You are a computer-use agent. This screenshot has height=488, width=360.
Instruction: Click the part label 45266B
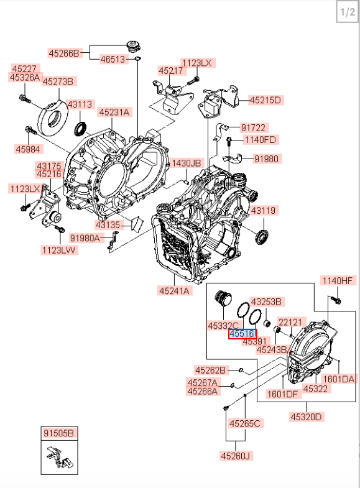pyautogui.click(x=64, y=53)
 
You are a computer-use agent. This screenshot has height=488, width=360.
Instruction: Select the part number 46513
pyautogui.click(x=113, y=59)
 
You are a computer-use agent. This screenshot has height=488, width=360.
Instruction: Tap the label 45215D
pyautogui.click(x=265, y=100)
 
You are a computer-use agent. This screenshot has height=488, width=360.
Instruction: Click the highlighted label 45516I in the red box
pyautogui.click(x=242, y=334)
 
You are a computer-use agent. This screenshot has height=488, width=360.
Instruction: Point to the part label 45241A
pyautogui.click(x=174, y=291)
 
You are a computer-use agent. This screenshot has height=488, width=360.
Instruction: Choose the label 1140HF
pyautogui.click(x=338, y=281)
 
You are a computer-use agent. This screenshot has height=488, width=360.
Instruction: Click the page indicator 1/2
pyautogui.click(x=347, y=12)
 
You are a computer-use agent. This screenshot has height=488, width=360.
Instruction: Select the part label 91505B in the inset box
pyautogui.click(x=59, y=433)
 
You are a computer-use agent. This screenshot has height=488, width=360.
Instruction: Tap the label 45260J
pyautogui.click(x=235, y=456)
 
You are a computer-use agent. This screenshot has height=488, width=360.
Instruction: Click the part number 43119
pyautogui.click(x=263, y=210)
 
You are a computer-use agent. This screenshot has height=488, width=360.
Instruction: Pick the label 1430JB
pyautogui.click(x=187, y=163)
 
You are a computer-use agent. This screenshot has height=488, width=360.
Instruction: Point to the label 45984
pyautogui.click(x=28, y=149)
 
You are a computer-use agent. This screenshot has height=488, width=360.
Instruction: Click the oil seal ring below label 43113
pyautogui.click(x=81, y=129)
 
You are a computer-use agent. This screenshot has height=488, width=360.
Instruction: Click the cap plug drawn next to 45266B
pyautogui.click(x=134, y=47)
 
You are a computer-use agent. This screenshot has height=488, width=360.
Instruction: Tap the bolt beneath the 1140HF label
pyautogui.click(x=335, y=300)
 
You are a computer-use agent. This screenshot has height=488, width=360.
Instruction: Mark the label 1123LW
pyautogui.click(x=59, y=250)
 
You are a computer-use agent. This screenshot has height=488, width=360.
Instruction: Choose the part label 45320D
pyautogui.click(x=306, y=417)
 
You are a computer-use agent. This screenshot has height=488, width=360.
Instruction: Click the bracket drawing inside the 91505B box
pyautogui.click(x=59, y=457)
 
